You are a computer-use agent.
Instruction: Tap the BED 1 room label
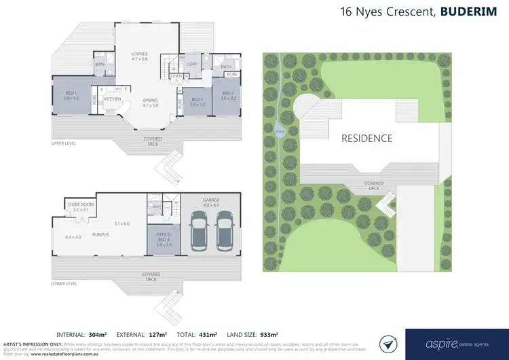(71, 94)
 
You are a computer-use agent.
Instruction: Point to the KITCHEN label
(113, 99)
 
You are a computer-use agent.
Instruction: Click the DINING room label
(150, 102)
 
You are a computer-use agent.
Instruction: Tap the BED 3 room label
(197, 101)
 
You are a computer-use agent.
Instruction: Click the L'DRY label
(191, 64)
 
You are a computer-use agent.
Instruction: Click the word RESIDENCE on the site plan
(366, 138)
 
